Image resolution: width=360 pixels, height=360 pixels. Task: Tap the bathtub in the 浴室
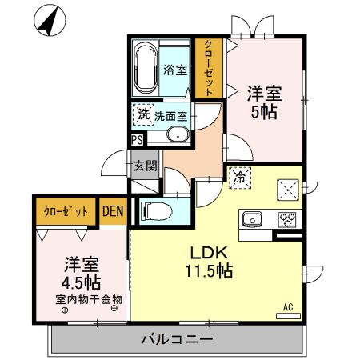(146, 70)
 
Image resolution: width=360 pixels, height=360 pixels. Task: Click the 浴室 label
(175, 70)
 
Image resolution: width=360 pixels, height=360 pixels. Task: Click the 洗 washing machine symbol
(143, 115)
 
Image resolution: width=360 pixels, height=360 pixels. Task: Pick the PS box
(138, 138)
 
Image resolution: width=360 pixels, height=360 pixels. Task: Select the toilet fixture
(156, 211)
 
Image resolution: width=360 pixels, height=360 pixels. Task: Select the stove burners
(286, 219)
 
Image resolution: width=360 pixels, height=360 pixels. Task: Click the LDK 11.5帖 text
(210, 261)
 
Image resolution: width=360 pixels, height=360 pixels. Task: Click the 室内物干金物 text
(88, 300)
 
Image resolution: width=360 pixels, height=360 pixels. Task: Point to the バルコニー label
(177, 340)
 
